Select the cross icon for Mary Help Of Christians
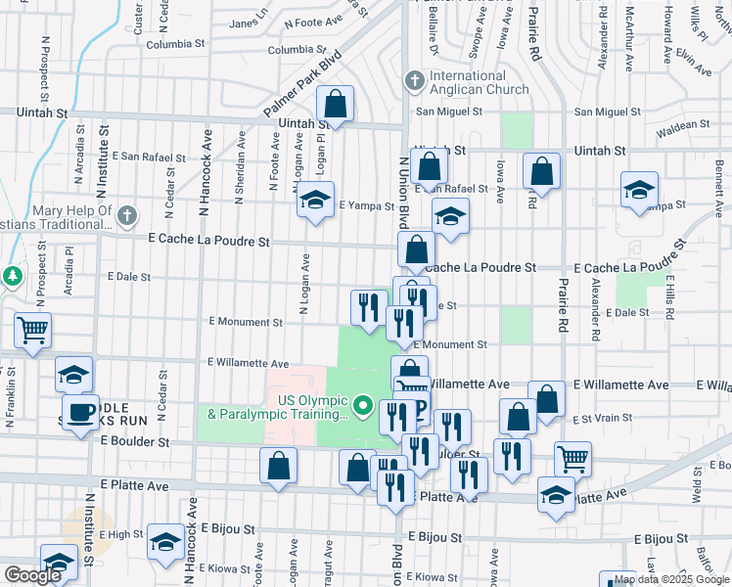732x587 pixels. (125, 214)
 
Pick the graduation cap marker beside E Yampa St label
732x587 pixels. (315, 201)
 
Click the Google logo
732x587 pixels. (32, 575)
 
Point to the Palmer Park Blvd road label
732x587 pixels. (304, 84)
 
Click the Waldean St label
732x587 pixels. (682, 126)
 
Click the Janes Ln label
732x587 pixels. (248, 23)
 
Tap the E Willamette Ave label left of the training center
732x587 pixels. (248, 362)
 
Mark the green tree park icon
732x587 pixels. (13, 276)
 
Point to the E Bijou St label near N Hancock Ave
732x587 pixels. (230, 528)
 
